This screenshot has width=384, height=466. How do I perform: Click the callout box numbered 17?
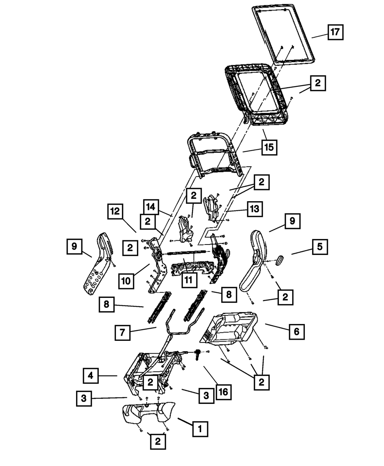click(335, 32)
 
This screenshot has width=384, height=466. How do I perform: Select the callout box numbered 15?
click(270, 147)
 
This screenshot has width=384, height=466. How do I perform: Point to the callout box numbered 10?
click(126, 281)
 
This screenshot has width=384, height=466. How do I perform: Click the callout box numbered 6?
click(296, 331)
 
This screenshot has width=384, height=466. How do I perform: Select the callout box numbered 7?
click(122, 332)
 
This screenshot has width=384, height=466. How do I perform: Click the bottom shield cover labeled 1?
click(148, 415)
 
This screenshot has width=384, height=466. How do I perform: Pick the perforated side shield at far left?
click(97, 269)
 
